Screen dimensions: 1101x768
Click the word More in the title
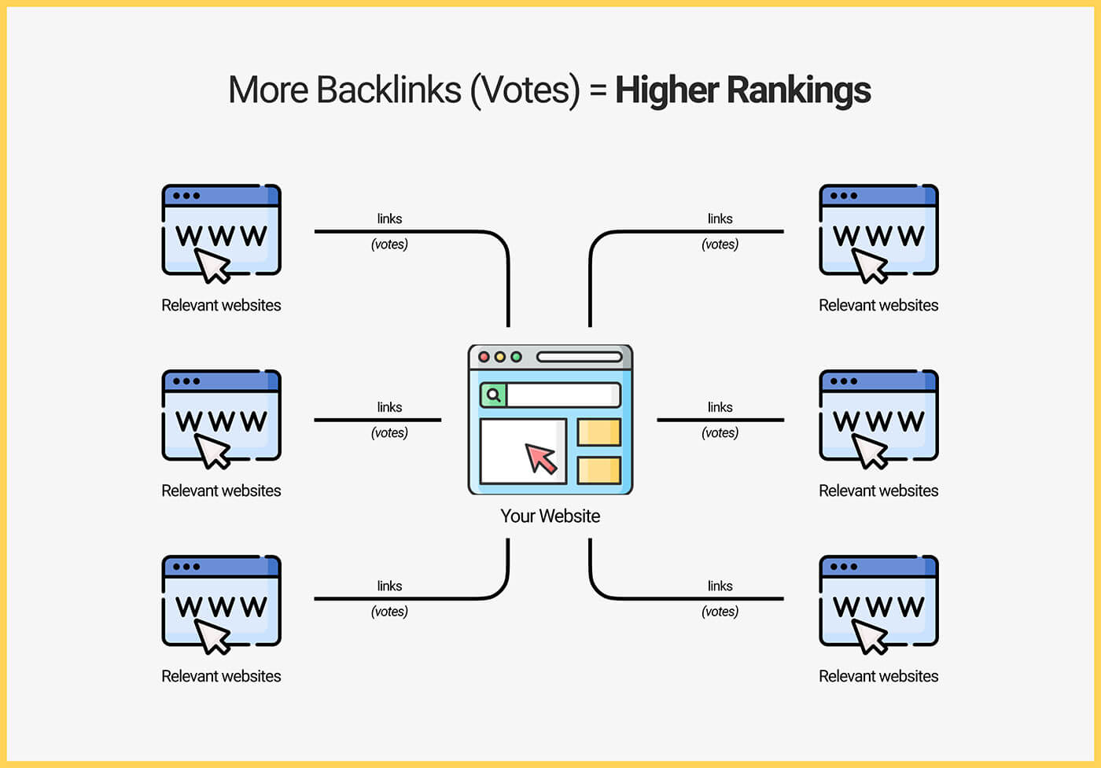click(268, 90)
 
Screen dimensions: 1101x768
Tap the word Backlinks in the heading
click(388, 90)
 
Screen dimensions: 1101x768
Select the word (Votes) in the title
click(525, 91)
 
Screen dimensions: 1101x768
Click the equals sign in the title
click(598, 90)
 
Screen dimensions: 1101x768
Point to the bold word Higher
click(667, 91)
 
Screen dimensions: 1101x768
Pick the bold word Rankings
click(799, 91)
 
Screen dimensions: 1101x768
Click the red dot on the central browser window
click(484, 357)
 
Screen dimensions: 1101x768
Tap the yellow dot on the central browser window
click(500, 357)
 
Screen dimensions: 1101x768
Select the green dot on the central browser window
click(516, 357)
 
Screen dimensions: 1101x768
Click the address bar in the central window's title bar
click(580, 357)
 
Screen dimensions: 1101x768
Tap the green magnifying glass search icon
click(493, 395)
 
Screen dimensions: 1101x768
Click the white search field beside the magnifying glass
click(563, 395)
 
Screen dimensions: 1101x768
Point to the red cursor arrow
click(541, 458)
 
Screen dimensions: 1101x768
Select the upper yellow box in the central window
click(599, 432)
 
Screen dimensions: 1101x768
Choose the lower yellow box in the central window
click(599, 470)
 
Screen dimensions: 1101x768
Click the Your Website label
click(550, 516)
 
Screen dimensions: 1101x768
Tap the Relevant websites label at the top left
click(221, 305)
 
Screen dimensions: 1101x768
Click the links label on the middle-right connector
click(720, 407)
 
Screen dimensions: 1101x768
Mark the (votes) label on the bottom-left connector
click(389, 612)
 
